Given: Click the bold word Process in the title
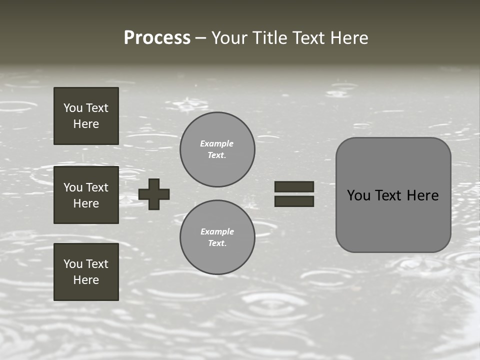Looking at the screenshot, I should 157,37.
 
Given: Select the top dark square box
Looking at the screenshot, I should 86,116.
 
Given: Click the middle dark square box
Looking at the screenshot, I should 86,195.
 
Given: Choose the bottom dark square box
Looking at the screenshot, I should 86,271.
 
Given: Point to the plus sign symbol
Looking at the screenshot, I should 154,194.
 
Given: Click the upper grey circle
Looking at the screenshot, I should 217,149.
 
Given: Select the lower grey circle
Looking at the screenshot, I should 217,237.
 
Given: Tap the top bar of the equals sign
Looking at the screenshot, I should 294,186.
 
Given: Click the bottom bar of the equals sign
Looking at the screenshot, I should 294,201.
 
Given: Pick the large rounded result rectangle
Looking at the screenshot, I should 393,195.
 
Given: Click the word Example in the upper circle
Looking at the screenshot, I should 216,143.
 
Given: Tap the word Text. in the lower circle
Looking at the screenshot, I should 217,243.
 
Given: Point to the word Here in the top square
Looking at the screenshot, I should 86,124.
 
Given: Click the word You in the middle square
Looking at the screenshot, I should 72,187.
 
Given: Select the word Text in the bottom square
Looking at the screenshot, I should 97,264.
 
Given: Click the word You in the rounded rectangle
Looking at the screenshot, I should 358,195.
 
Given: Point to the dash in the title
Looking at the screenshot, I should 200,38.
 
